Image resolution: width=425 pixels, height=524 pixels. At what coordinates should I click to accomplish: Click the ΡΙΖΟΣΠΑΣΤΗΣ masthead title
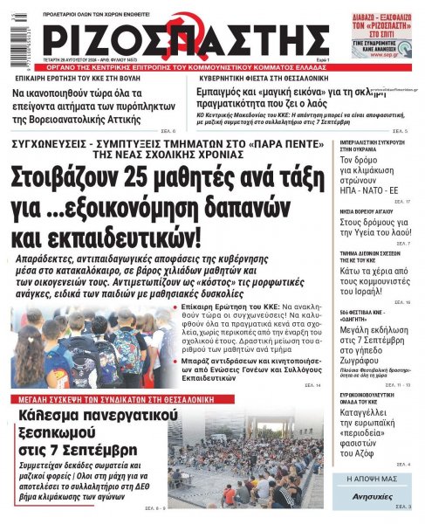183,42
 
